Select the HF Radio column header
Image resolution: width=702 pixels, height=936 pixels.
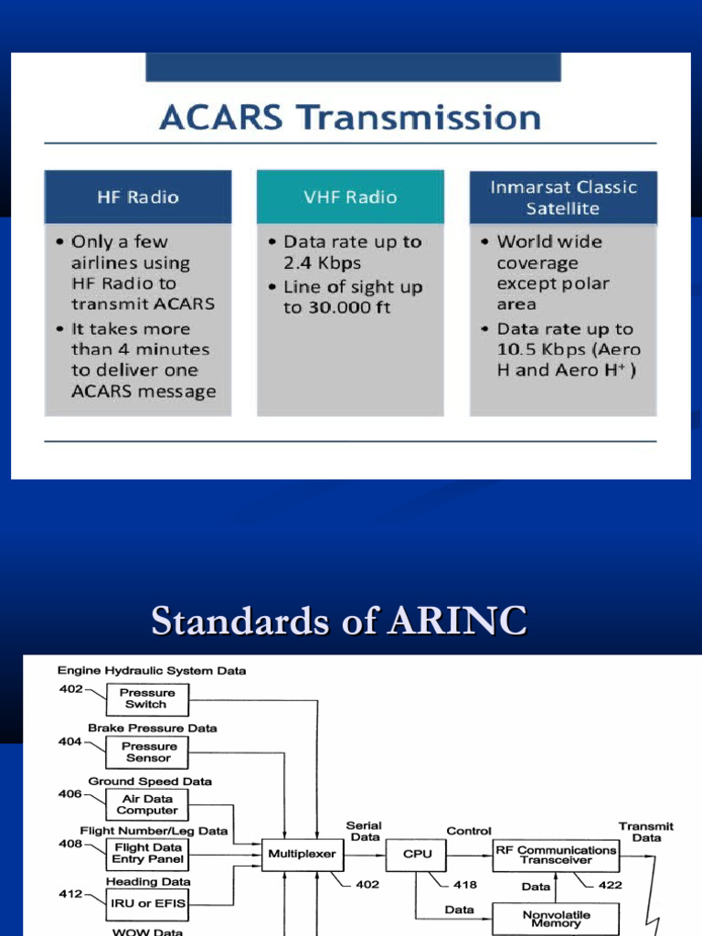click(138, 197)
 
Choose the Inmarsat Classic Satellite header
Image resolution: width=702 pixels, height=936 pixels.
click(562, 197)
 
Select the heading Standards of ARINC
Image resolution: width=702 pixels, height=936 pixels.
click(338, 622)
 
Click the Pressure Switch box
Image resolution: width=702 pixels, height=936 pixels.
click(146, 699)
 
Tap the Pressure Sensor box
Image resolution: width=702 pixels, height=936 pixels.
click(148, 752)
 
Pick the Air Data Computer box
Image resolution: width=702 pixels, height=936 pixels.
click(147, 804)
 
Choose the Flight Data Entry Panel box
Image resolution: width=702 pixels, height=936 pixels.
click(148, 854)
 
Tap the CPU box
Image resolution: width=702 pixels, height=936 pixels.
click(417, 855)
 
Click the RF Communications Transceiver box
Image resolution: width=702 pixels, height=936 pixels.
click(556, 855)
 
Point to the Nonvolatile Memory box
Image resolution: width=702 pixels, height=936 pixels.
click(556, 917)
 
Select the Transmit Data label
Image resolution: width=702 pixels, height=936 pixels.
click(646, 832)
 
